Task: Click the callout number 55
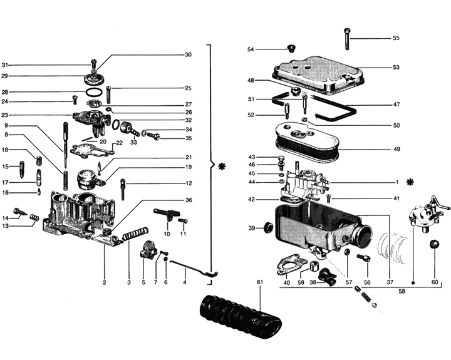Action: tap(396, 38)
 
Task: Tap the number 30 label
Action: tap(187, 54)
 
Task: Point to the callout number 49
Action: tap(396, 150)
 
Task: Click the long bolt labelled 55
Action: tap(346, 39)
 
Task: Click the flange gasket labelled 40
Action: tap(290, 266)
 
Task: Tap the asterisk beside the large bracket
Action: tap(222, 167)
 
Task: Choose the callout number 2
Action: tap(105, 283)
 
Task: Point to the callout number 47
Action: tap(396, 105)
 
